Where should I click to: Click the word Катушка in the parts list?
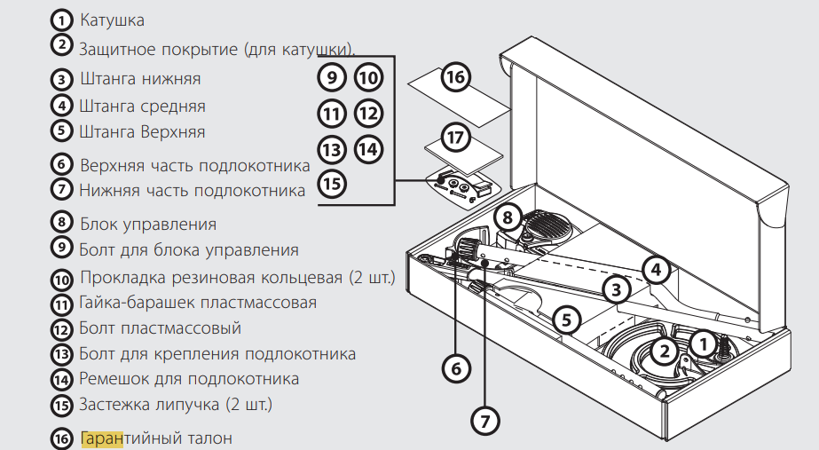(112, 19)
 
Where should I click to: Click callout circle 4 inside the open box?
(655, 268)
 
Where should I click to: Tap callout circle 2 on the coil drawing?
(663, 350)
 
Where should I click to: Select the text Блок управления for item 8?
(148, 224)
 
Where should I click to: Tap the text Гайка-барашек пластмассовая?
(197, 302)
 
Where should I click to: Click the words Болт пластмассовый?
(160, 328)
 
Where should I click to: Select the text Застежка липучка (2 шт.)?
(176, 404)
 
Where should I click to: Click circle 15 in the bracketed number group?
(331, 184)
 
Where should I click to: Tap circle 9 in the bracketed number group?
(331, 78)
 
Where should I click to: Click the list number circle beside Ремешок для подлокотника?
(61, 380)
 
